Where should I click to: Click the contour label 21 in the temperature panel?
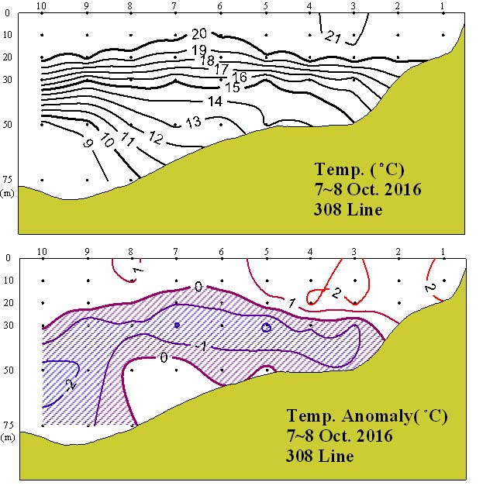point(333,36)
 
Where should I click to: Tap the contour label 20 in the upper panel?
point(199,33)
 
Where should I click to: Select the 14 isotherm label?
point(215,102)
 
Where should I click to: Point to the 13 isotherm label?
point(193,121)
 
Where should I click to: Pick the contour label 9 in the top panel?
point(86,143)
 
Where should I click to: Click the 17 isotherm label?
point(222,69)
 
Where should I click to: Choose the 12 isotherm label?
point(156,138)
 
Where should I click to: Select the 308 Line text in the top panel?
point(348,209)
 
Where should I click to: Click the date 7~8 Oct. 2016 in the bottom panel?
point(340,436)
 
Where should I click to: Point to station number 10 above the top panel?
point(43,6)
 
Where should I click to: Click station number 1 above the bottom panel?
point(443,251)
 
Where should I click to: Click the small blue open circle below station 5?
point(266,328)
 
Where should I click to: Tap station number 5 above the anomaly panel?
point(266,251)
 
